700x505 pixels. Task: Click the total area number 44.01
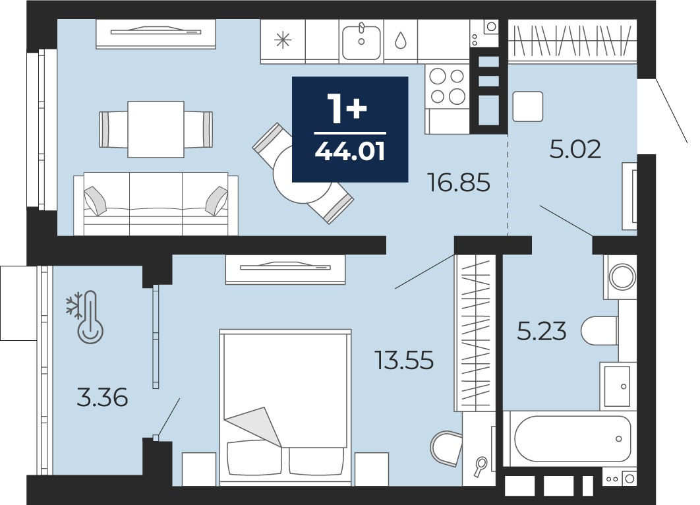tap(350, 152)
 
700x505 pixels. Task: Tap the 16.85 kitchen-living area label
tap(459, 183)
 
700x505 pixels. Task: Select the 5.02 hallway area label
tap(575, 149)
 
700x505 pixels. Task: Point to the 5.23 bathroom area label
tap(542, 332)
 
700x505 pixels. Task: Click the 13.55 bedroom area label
tap(404, 361)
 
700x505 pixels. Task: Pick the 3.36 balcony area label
tap(102, 398)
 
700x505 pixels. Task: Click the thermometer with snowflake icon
tap(85, 318)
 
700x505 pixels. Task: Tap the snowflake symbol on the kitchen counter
tap(283, 41)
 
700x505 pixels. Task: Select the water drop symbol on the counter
tap(401, 40)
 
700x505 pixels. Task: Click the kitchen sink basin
tap(361, 42)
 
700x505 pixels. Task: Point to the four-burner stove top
tap(448, 86)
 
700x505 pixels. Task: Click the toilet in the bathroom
tap(600, 331)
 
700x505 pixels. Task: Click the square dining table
tap(156, 129)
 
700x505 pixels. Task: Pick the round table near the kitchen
tap(302, 174)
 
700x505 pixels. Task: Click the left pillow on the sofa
tap(96, 200)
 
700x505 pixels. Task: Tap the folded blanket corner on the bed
tap(254, 425)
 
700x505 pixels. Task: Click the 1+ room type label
tap(347, 109)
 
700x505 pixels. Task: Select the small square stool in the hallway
tap(528, 106)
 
